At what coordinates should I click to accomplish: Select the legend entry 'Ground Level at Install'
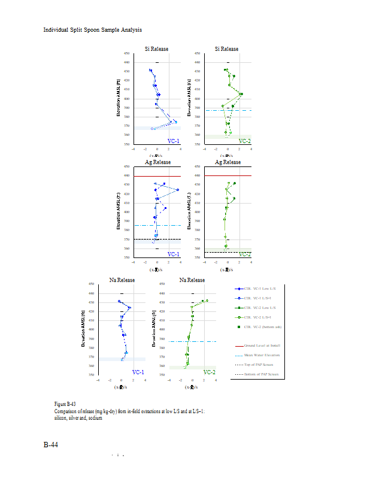point(262,345)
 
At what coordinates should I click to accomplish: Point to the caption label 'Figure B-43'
point(65,405)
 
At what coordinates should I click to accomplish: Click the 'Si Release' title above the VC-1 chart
point(157,49)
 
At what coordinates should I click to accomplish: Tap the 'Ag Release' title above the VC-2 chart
point(227,162)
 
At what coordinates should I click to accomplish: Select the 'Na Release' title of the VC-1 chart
point(122,280)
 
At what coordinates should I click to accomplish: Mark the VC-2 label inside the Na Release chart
point(209,372)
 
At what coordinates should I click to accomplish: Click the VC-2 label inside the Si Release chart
point(244,141)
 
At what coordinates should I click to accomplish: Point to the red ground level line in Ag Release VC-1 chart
point(157,176)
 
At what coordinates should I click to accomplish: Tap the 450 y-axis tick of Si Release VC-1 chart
point(127,53)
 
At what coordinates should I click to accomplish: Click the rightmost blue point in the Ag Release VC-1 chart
point(178,190)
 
